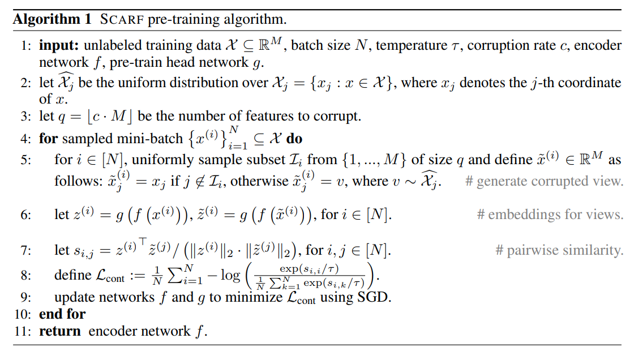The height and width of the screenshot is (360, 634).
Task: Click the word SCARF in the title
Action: point(123,19)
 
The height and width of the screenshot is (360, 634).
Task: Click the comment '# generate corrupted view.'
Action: point(543,182)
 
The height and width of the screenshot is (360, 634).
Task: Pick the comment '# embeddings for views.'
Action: point(550,215)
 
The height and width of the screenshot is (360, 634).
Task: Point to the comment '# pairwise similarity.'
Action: point(559,250)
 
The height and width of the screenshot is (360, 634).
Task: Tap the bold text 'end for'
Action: point(62,314)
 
